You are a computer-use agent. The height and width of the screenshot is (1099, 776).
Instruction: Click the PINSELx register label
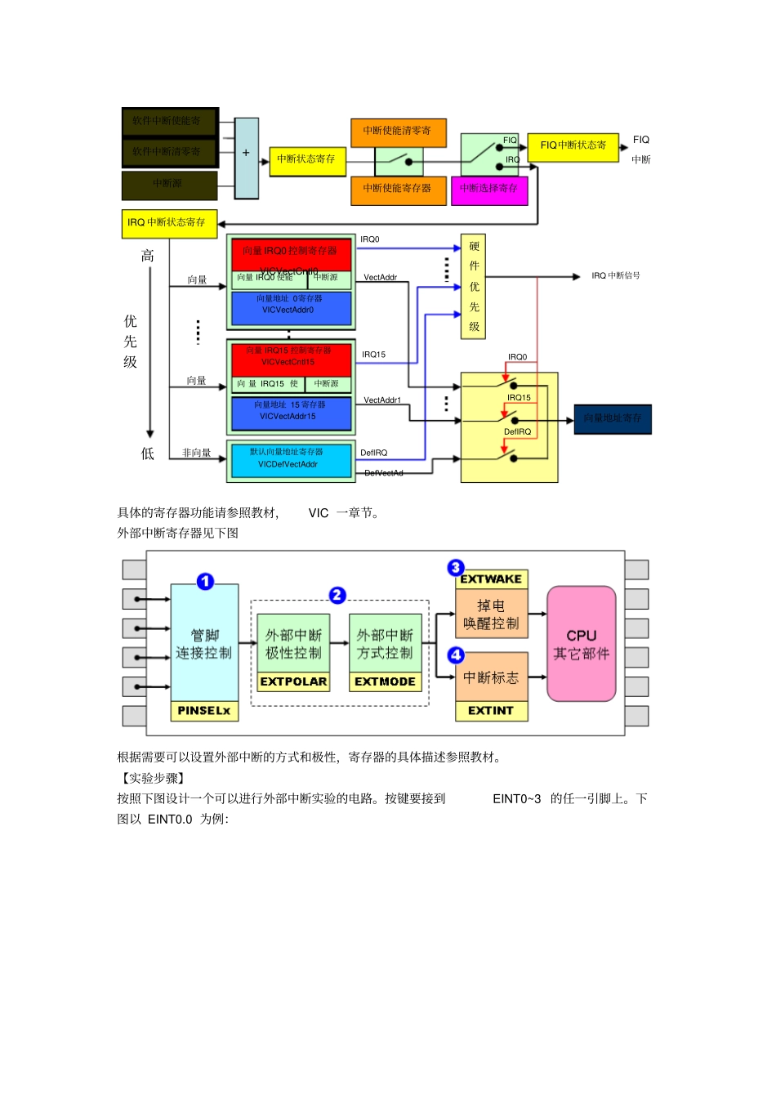click(x=204, y=711)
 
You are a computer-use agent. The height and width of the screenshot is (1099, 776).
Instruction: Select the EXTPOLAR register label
click(x=293, y=681)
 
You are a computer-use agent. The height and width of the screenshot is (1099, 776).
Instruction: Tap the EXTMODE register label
click(x=385, y=681)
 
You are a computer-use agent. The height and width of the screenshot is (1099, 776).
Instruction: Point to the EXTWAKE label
click(x=491, y=579)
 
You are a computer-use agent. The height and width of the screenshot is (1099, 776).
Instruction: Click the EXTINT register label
click(x=491, y=711)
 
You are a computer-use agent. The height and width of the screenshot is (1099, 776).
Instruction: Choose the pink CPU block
click(x=581, y=644)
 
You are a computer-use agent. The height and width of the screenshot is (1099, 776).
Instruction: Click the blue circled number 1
click(x=205, y=581)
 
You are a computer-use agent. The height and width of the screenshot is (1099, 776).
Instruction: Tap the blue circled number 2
click(x=337, y=596)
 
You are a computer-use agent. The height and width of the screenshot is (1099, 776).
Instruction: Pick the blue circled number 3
click(x=456, y=567)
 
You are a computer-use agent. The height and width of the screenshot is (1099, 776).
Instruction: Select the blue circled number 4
click(x=456, y=654)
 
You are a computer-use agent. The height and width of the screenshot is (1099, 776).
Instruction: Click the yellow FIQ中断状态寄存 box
click(x=573, y=145)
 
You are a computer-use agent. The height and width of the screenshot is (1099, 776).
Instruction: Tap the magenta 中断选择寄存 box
click(x=489, y=189)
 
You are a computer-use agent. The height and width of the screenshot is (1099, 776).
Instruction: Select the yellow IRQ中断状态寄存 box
click(x=168, y=222)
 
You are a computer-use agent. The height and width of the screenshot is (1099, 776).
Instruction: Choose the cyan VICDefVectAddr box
click(x=291, y=460)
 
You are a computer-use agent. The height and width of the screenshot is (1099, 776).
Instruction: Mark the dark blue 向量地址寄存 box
click(x=613, y=418)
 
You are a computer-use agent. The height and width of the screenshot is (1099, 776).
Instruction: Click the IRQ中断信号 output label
click(x=616, y=276)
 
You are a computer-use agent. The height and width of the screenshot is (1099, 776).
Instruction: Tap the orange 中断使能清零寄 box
click(x=398, y=131)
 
